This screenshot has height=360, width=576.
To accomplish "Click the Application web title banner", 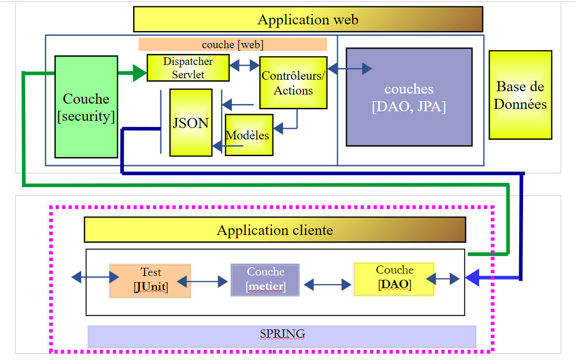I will [x=308, y=20].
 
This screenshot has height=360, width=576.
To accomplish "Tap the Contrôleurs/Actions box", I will [x=293, y=83].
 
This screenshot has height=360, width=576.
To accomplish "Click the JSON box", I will [x=190, y=123].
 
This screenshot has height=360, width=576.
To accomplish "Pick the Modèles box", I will [x=249, y=135].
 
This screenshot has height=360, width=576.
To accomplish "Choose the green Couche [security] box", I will [x=86, y=107].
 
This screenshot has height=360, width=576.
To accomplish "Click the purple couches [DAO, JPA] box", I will [x=409, y=97].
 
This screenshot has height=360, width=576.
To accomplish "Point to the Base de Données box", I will [x=520, y=95].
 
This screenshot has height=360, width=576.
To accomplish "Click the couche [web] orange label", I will [x=232, y=44].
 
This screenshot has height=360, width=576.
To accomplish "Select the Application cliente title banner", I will [x=275, y=230].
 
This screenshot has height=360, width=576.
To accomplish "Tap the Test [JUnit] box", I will [x=150, y=281].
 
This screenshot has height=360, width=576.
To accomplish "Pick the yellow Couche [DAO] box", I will [x=394, y=279].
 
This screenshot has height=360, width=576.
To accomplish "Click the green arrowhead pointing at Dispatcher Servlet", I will [x=139, y=73].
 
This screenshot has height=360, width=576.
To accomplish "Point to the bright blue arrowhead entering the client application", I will [x=472, y=278].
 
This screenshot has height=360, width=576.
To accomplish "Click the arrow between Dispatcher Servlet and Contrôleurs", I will [x=245, y=66].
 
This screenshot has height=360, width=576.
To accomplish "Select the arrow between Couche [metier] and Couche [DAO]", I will [x=327, y=286].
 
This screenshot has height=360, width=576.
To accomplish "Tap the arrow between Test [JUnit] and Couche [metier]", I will [x=202, y=282].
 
